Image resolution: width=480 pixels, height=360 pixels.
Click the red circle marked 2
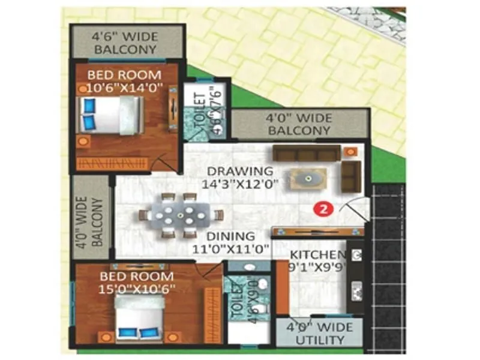tap(323, 209)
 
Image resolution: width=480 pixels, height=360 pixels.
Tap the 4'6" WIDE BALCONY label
tap(124, 43)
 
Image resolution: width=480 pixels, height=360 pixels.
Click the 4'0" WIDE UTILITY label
tap(319, 334)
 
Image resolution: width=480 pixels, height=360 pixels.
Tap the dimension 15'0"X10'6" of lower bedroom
tap(137, 289)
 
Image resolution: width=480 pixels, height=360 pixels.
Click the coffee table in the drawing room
tap(307, 179)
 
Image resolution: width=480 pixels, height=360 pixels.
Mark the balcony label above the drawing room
tap(299, 124)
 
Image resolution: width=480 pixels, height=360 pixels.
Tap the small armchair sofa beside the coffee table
tap(351, 175)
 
